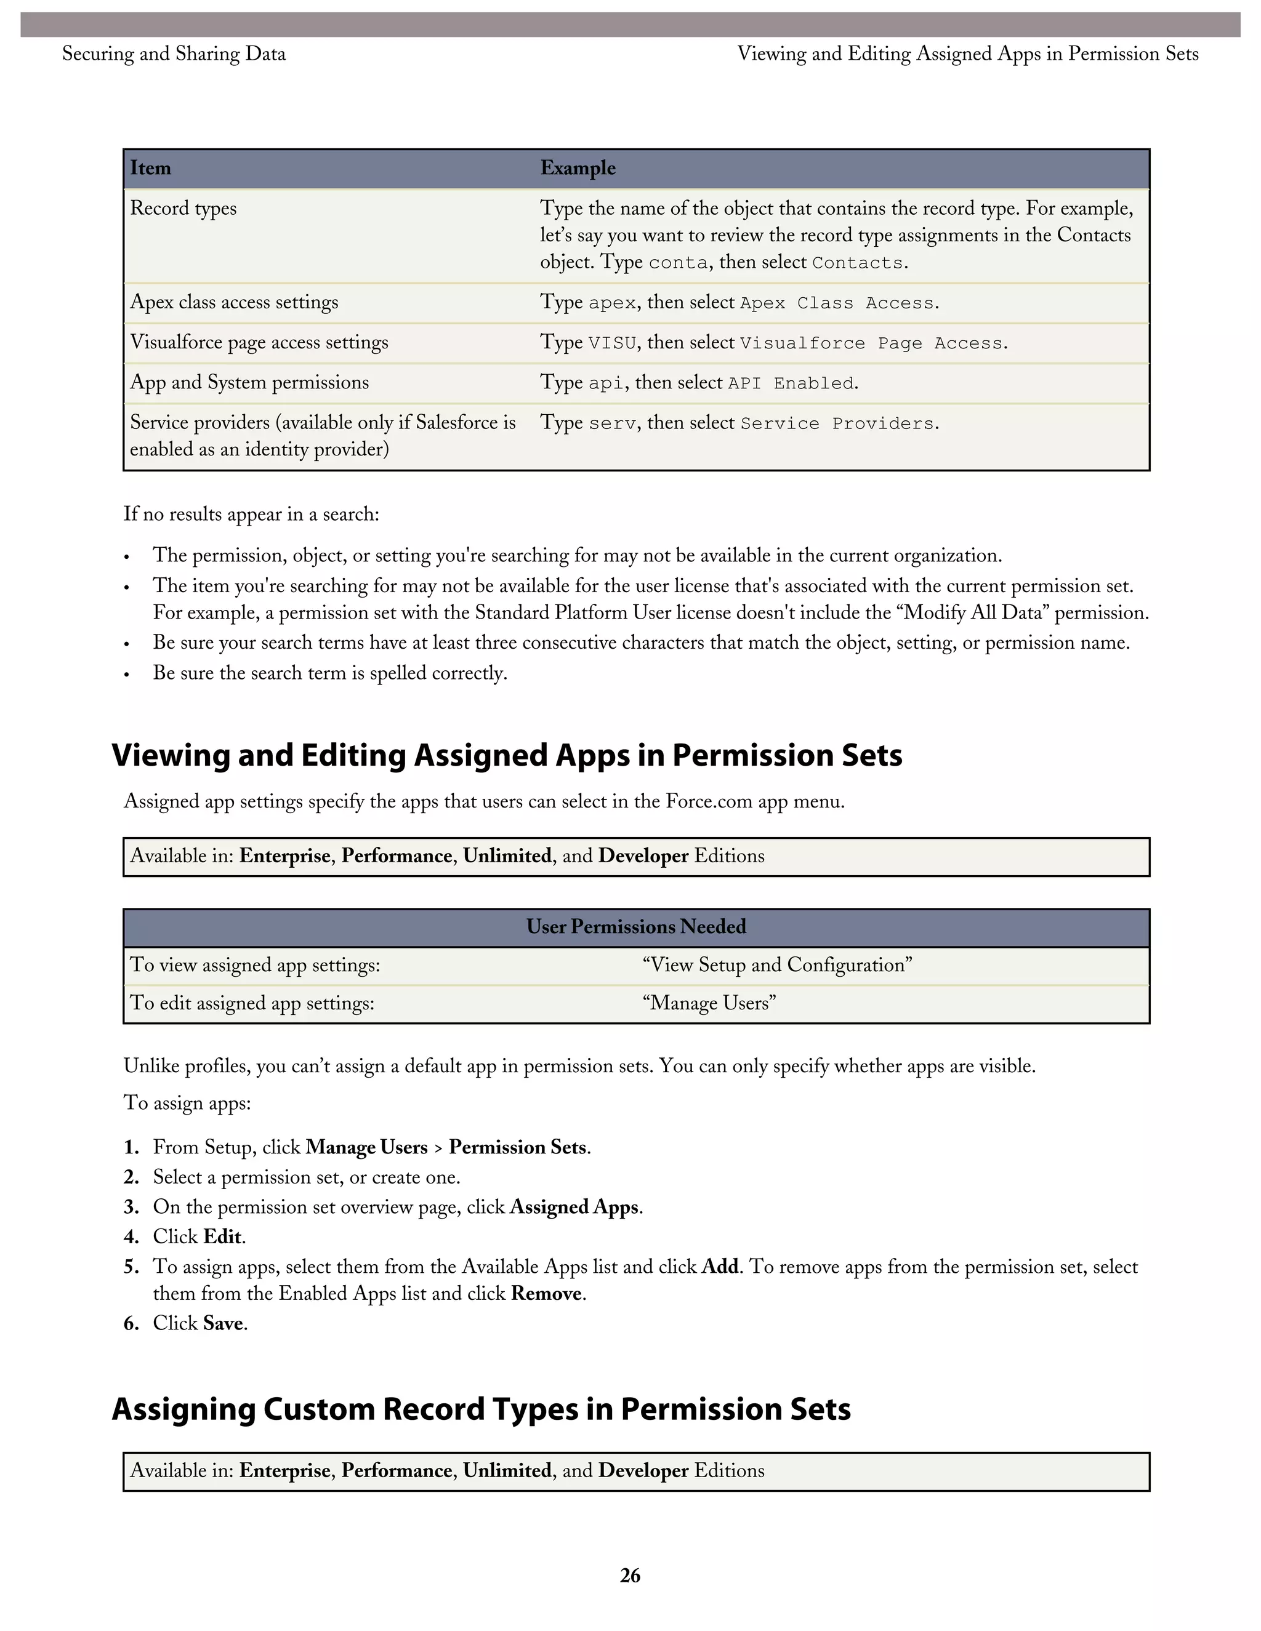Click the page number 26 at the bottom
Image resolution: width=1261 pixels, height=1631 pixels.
(x=630, y=1575)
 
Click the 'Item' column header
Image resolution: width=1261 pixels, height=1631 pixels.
(x=151, y=168)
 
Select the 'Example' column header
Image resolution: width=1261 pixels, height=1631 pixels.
(x=578, y=168)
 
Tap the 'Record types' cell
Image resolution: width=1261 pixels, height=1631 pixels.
(x=183, y=209)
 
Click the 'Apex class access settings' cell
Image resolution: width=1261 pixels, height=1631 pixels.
(x=234, y=302)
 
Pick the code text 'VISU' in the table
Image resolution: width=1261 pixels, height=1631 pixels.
(x=612, y=343)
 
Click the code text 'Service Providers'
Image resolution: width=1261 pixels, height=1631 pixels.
(x=837, y=424)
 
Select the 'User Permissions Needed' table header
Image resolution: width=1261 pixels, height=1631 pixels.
(x=635, y=927)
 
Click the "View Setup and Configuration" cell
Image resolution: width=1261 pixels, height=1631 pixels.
(x=777, y=965)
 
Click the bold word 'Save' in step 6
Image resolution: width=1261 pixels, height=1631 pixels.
(x=223, y=1323)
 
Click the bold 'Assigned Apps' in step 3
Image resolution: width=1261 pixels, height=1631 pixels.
(x=574, y=1207)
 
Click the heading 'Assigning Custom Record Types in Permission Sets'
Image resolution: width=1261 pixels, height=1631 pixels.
(x=481, y=1409)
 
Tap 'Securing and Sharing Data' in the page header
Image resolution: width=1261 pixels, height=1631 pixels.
(x=174, y=54)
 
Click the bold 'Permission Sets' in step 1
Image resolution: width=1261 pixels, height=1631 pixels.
(x=518, y=1147)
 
